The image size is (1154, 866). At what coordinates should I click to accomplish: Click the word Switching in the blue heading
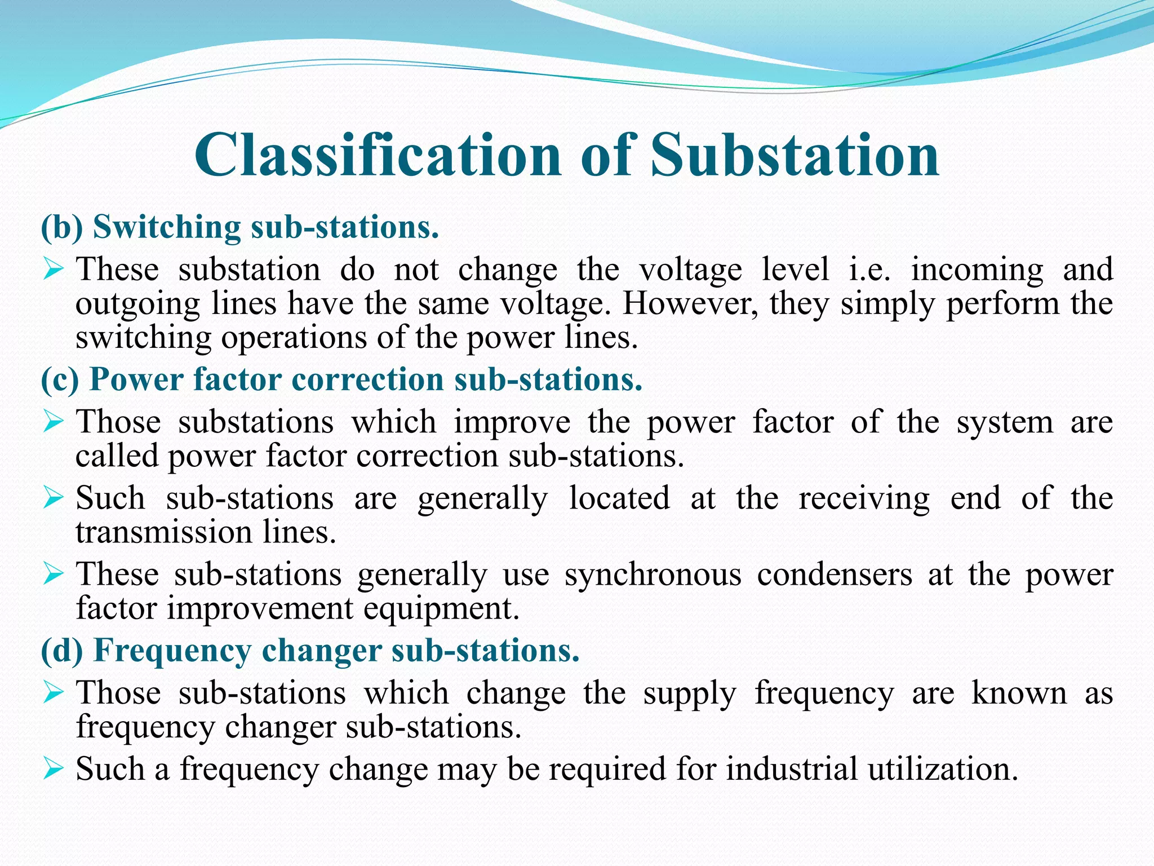[167, 227]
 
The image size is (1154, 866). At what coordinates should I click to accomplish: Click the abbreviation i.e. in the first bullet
[870, 269]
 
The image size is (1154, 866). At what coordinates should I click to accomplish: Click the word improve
[512, 422]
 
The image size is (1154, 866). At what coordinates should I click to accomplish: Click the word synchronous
[653, 575]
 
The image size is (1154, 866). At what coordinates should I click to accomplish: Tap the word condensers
[835, 575]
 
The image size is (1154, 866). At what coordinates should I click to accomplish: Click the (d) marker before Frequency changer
[62, 651]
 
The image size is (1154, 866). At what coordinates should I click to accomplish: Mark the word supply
[690, 694]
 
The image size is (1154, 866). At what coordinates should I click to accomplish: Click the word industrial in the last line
[791, 769]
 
